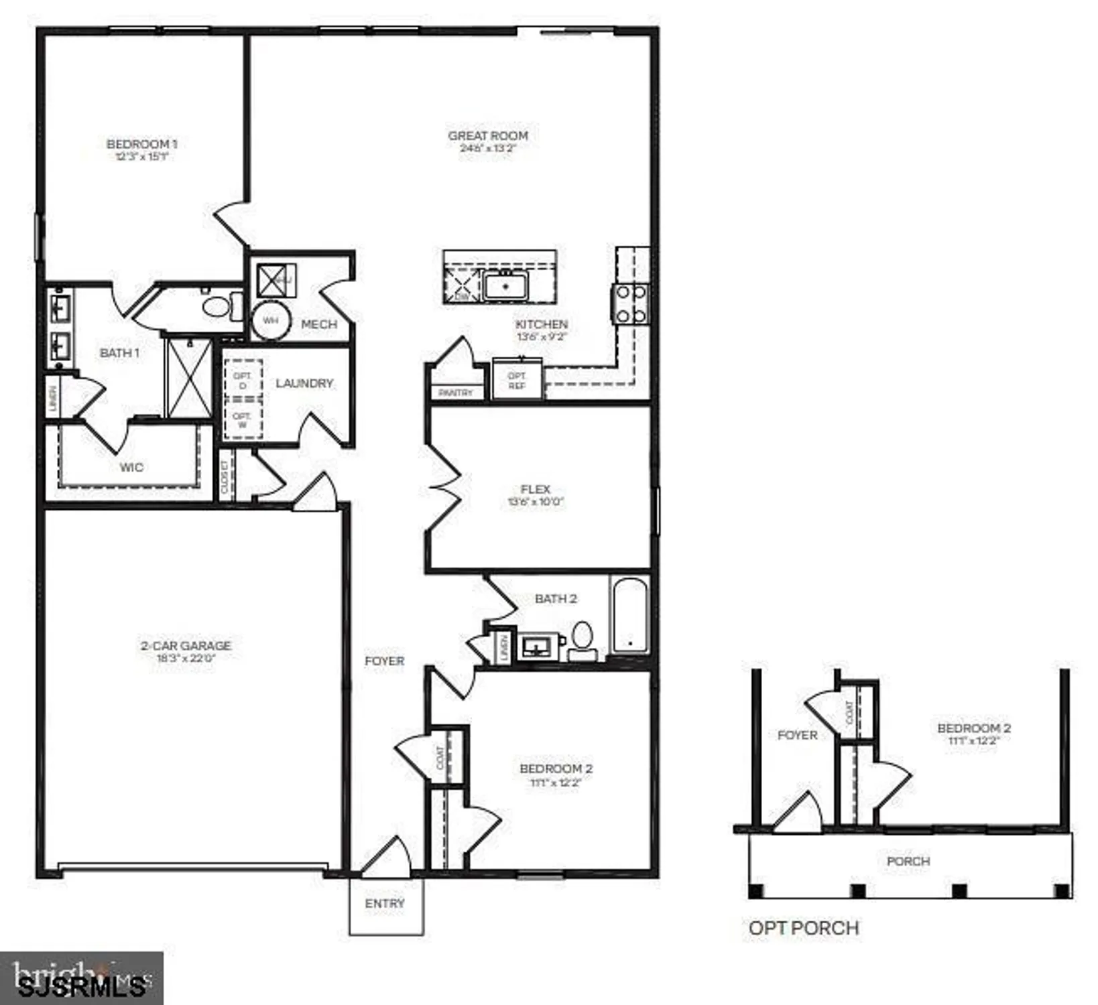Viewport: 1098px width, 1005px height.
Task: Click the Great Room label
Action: [488, 135]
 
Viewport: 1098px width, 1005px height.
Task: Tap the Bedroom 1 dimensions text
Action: [141, 157]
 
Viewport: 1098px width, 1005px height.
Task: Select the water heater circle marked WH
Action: [270, 320]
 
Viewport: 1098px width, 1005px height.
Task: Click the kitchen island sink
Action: [505, 287]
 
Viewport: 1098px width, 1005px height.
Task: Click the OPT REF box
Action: [517, 380]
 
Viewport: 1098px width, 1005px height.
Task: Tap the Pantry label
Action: [456, 393]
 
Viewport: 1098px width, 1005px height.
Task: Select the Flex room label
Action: [535, 489]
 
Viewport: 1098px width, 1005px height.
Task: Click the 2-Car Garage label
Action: [186, 645]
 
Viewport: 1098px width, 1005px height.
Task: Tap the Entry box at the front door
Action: [385, 905]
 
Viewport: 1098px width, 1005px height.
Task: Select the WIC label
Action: [131, 467]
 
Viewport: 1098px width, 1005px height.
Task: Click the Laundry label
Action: [304, 383]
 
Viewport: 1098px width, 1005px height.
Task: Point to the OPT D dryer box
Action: [243, 380]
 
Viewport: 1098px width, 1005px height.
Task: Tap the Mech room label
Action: [319, 324]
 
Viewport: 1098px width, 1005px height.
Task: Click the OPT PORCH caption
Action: [804, 928]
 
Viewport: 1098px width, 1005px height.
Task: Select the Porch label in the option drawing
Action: [908, 861]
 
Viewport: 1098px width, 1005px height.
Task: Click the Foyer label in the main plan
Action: [384, 661]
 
